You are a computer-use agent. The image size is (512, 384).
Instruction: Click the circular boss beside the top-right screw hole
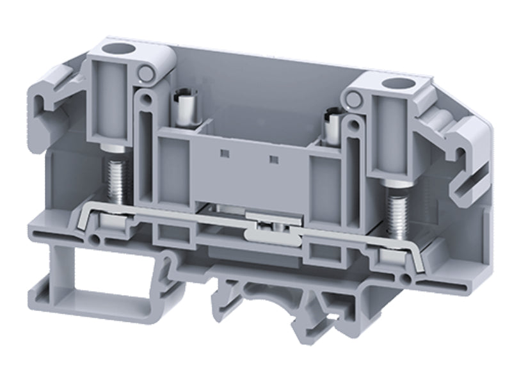point(351,97)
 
